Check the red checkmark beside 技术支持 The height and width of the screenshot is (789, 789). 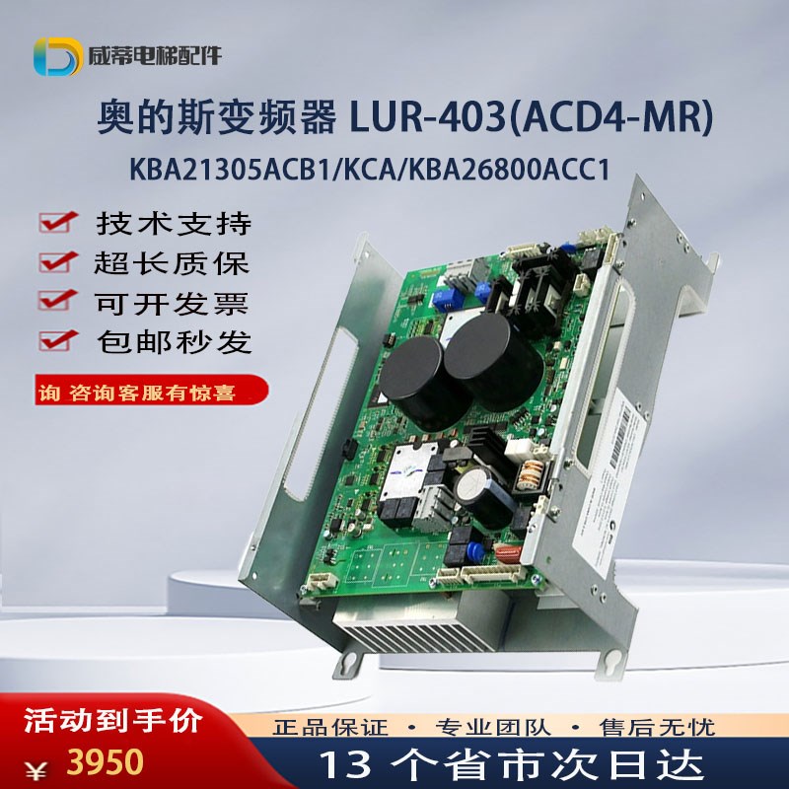point(60,223)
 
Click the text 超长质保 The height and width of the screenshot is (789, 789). point(174,263)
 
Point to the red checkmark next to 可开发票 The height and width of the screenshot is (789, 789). point(60,301)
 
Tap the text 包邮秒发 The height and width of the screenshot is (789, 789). point(174,341)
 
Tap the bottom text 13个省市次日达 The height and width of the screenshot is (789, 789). point(513,762)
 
